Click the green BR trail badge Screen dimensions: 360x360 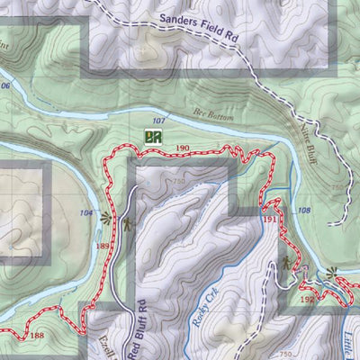pyautogui.click(x=152, y=138)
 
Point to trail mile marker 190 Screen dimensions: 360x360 pyautogui.click(x=183, y=148)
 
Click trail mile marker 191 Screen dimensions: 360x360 pyautogui.click(x=270, y=219)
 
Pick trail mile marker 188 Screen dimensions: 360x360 pyautogui.click(x=36, y=337)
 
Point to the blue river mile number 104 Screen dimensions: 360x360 pyautogui.click(x=86, y=213)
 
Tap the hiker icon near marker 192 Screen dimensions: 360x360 pyautogui.click(x=284, y=264)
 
